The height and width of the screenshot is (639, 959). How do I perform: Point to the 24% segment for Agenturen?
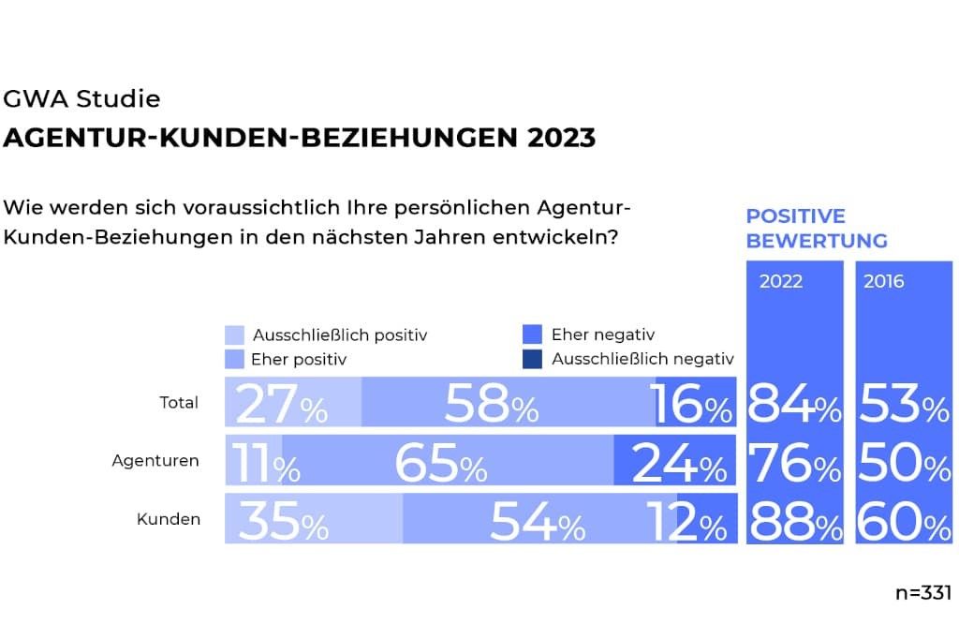674,462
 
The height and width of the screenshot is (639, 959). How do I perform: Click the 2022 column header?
781,281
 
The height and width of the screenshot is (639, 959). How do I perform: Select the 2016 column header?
884,281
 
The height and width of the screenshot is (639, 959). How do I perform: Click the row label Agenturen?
155,461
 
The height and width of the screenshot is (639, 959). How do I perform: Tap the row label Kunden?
170,519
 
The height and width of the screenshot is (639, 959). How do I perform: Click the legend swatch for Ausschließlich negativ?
532,359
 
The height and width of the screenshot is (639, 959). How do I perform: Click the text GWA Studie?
82,99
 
